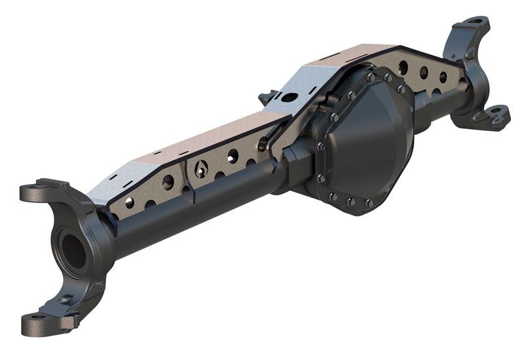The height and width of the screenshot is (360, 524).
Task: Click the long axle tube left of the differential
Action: [196, 209]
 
